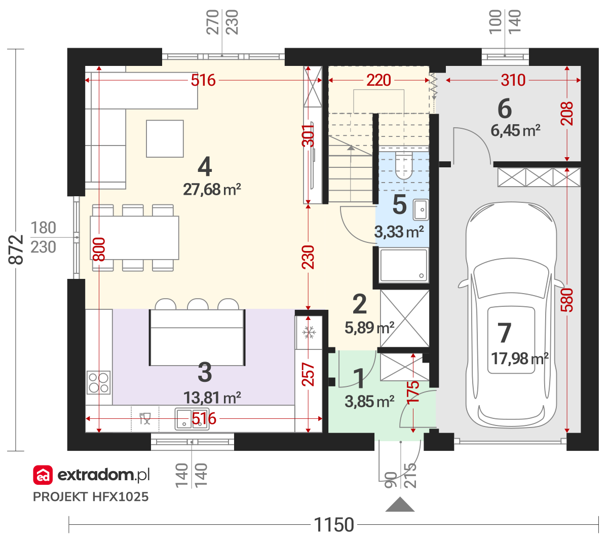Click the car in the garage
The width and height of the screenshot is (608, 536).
click(x=511, y=314)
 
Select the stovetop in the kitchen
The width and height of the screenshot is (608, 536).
click(x=98, y=382)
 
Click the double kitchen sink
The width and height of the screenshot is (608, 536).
click(x=192, y=419)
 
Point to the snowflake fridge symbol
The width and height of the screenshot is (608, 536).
click(x=309, y=332)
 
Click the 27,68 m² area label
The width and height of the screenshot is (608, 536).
click(x=212, y=190)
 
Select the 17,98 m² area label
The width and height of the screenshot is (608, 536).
click(x=519, y=359)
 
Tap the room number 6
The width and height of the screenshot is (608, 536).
click(x=505, y=109)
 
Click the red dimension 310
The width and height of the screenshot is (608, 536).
click(x=513, y=80)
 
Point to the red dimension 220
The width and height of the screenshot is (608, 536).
click(x=378, y=80)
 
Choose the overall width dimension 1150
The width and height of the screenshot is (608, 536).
click(x=334, y=524)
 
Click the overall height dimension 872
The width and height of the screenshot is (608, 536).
click(x=16, y=249)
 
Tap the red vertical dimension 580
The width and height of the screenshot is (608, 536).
click(x=567, y=300)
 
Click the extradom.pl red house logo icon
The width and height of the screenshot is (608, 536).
click(x=43, y=475)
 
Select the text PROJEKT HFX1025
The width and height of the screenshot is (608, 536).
click(x=91, y=497)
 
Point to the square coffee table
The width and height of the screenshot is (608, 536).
click(x=165, y=138)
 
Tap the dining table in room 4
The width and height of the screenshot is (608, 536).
click(x=134, y=238)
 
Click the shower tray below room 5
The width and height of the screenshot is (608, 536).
click(x=404, y=265)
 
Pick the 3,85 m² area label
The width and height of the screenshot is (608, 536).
click(x=369, y=402)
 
